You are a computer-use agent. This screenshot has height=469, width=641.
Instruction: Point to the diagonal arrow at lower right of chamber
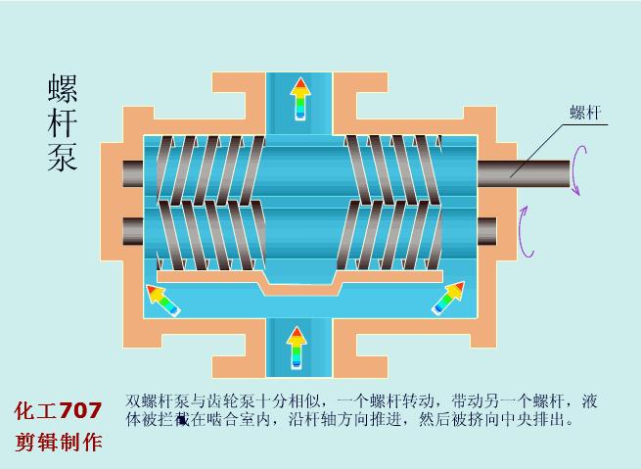pyautogui.click(x=448, y=297)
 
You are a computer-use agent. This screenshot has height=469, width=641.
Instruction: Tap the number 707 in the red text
pyautogui.click(x=80, y=411)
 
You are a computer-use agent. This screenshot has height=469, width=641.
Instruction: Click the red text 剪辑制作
pyautogui.click(x=58, y=442)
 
